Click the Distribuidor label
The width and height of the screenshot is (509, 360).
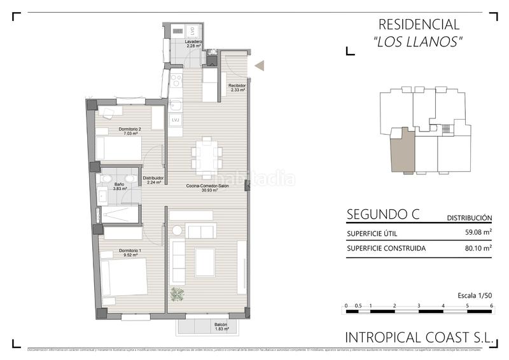pos(153,180)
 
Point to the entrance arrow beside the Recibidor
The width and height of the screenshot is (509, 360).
pos(259,65)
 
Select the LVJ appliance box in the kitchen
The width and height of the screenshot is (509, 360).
pos(176,120)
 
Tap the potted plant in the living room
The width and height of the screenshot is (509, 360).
pos(178,294)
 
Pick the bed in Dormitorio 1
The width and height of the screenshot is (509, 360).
pos(125,277)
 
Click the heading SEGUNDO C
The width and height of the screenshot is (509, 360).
pos(382,214)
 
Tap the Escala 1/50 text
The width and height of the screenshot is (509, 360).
pos(475,296)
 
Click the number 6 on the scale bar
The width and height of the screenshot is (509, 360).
pos(492,306)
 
